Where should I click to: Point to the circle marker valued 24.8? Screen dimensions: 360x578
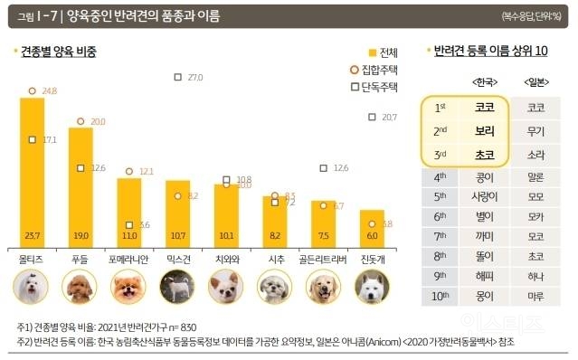(x=33, y=91)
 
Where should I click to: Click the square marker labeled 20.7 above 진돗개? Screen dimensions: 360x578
(x=373, y=117)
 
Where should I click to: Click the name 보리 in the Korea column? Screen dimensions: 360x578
(x=484, y=130)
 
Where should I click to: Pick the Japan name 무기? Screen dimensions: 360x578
(x=535, y=130)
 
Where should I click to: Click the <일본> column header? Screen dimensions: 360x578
(x=535, y=82)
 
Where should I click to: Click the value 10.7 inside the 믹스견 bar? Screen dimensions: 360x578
(x=178, y=234)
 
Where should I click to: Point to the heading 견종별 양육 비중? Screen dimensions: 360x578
(x=60, y=52)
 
